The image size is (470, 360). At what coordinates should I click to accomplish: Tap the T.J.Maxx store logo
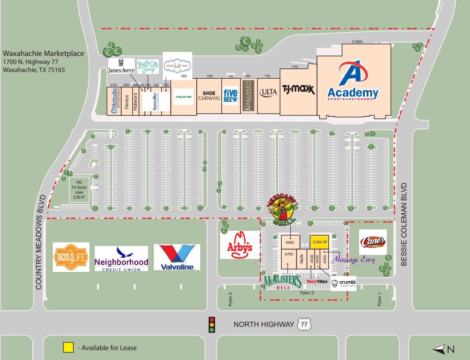coord(298,90)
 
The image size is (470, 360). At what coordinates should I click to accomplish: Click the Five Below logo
coord(230,96)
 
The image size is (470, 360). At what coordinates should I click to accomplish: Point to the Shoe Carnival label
coord(209,96)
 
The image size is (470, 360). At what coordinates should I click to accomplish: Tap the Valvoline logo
coord(177,257)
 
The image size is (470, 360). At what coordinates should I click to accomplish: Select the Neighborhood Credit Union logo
coord(121,258)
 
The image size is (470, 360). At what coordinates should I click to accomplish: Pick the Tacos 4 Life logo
coord(71,257)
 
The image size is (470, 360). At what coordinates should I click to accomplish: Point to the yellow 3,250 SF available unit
coord(320,242)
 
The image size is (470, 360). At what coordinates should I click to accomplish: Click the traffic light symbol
coord(212,324)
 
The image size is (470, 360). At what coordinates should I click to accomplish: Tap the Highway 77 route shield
coord(304,324)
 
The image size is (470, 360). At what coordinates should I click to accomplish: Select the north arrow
coord(443,349)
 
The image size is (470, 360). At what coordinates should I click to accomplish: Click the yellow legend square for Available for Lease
coord(68,347)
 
